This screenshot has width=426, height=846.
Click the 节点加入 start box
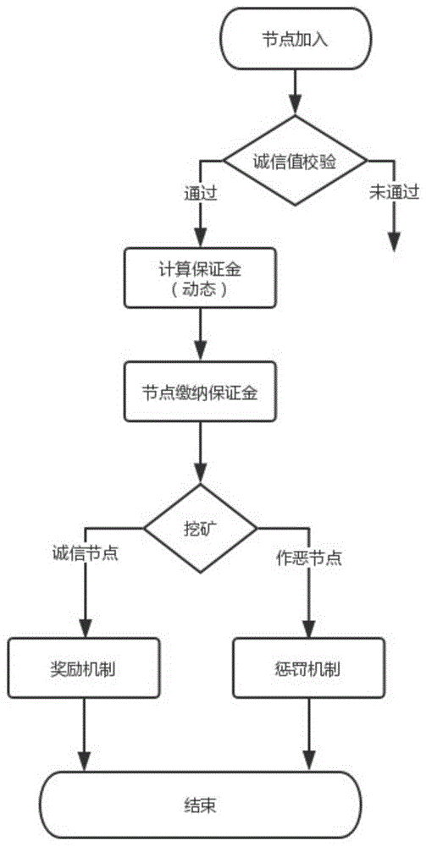[295, 39]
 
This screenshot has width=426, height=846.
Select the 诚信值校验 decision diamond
[296, 161]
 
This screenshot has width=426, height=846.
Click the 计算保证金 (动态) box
[200, 278]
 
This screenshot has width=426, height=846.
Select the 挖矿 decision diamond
[200, 528]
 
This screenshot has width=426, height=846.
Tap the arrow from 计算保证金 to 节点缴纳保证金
[201, 334]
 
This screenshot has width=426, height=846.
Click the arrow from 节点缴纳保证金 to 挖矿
[201, 453]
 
